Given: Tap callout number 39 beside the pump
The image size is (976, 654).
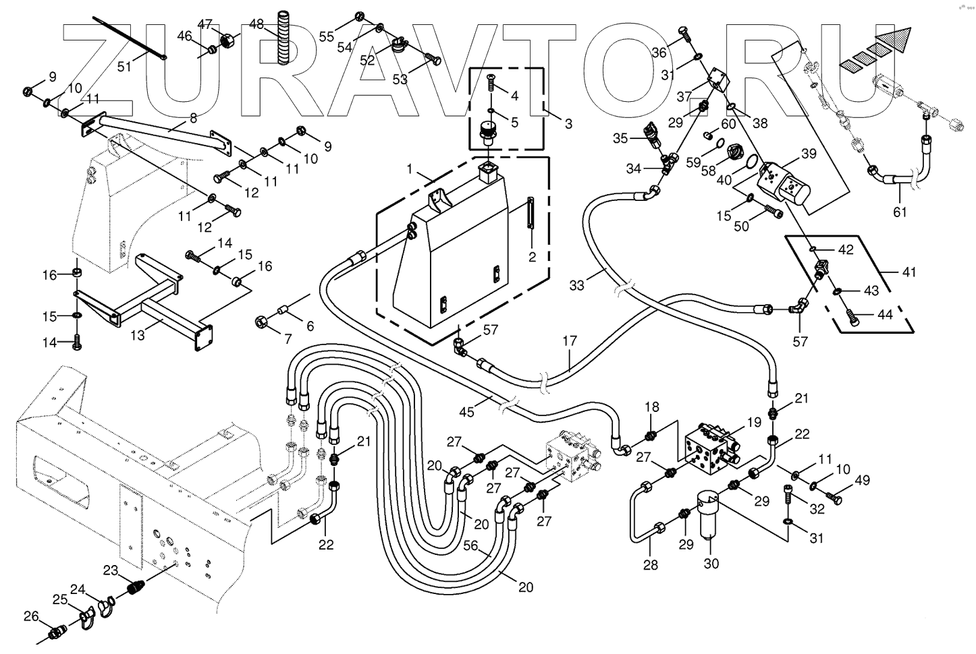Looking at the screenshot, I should click(809, 154).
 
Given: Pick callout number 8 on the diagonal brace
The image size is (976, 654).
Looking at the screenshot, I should click(193, 119).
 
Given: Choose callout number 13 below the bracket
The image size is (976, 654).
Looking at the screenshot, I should click(138, 334).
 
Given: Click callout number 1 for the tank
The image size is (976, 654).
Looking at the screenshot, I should click(409, 167).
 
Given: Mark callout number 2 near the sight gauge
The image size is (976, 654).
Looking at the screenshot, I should click(533, 257).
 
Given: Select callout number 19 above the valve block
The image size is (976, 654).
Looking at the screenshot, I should click(753, 423).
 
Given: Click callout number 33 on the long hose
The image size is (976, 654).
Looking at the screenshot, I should click(576, 285).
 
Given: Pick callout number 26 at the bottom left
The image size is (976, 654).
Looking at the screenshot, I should click(31, 616).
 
